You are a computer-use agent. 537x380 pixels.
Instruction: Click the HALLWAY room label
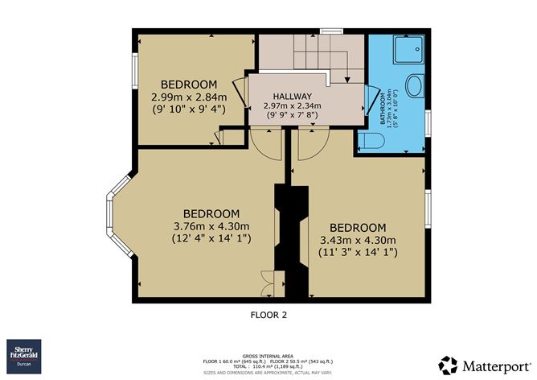[x=287, y=95]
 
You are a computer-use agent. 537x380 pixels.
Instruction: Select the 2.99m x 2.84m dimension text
[x=189, y=97]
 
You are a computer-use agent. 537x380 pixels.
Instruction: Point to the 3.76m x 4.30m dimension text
[x=212, y=225]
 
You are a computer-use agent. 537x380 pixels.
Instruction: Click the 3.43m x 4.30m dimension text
[x=358, y=240]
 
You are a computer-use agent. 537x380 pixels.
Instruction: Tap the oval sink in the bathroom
[x=416, y=86]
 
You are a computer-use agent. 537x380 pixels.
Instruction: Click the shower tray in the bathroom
[x=410, y=52]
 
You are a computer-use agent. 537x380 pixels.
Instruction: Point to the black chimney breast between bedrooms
[x=290, y=242]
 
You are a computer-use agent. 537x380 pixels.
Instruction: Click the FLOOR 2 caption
[x=268, y=316]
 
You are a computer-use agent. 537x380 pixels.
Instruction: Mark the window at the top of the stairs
[x=326, y=31]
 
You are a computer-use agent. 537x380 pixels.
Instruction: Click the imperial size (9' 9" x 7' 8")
[x=287, y=115]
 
